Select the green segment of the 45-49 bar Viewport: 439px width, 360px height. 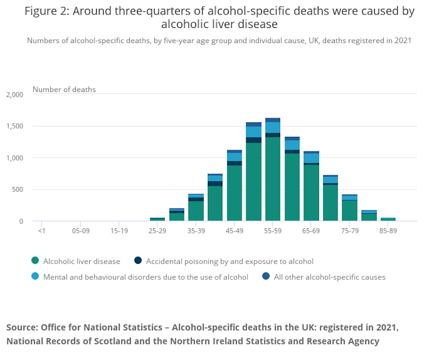tap(234, 193)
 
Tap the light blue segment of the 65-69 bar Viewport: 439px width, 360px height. tap(311, 158)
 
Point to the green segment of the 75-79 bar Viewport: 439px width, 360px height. tap(349, 210)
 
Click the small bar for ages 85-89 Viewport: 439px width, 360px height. tap(388, 219)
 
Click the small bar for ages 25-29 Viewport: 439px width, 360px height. tap(157, 220)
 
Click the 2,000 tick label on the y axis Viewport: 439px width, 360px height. tap(14, 94)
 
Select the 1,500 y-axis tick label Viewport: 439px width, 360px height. tap(14, 126)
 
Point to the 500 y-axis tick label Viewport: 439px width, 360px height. tap(17, 190)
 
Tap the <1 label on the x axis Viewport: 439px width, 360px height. tap(42, 231)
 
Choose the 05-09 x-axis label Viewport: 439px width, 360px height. tap(80, 231)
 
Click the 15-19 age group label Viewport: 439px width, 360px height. tap(119, 231)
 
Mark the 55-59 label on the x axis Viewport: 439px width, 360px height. tap(272, 231)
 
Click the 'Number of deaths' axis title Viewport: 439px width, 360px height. tap(64, 90)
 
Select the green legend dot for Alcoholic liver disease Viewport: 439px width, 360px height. tap(36, 261)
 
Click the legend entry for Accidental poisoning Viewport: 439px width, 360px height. tap(229, 261)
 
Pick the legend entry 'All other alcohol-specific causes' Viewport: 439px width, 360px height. tap(330, 277)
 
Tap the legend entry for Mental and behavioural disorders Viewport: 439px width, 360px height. tap(145, 277)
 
